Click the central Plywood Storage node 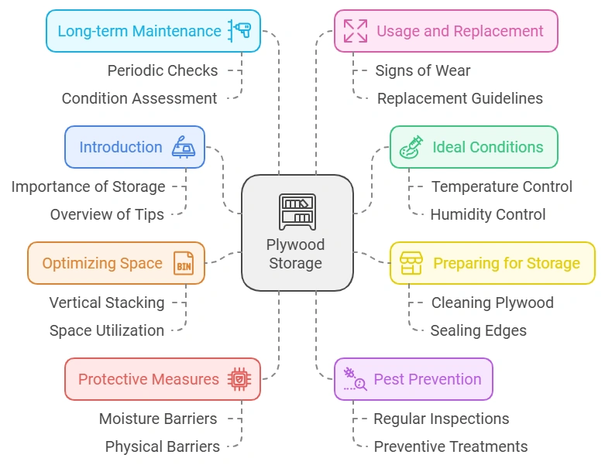pos(297,232)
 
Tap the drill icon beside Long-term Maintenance pos(239,31)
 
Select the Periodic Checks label pos(163,70)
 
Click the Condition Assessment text pos(139,98)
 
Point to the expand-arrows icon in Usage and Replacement pos(356,31)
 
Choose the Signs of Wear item pos(423,70)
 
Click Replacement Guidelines pos(459,98)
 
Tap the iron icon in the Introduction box pos(184,147)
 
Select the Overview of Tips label pos(107,214)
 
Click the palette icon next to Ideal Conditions pos(411,147)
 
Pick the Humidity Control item pos(488,214)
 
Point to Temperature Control pos(502,186)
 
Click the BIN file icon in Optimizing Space pos(184,263)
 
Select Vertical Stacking pos(107,303)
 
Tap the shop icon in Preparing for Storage pos(411,263)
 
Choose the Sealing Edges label pos(479,330)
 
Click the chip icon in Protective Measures pos(239,379)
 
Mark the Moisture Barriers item pos(158,419)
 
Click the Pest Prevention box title pos(428,379)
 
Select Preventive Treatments pos(451,446)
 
